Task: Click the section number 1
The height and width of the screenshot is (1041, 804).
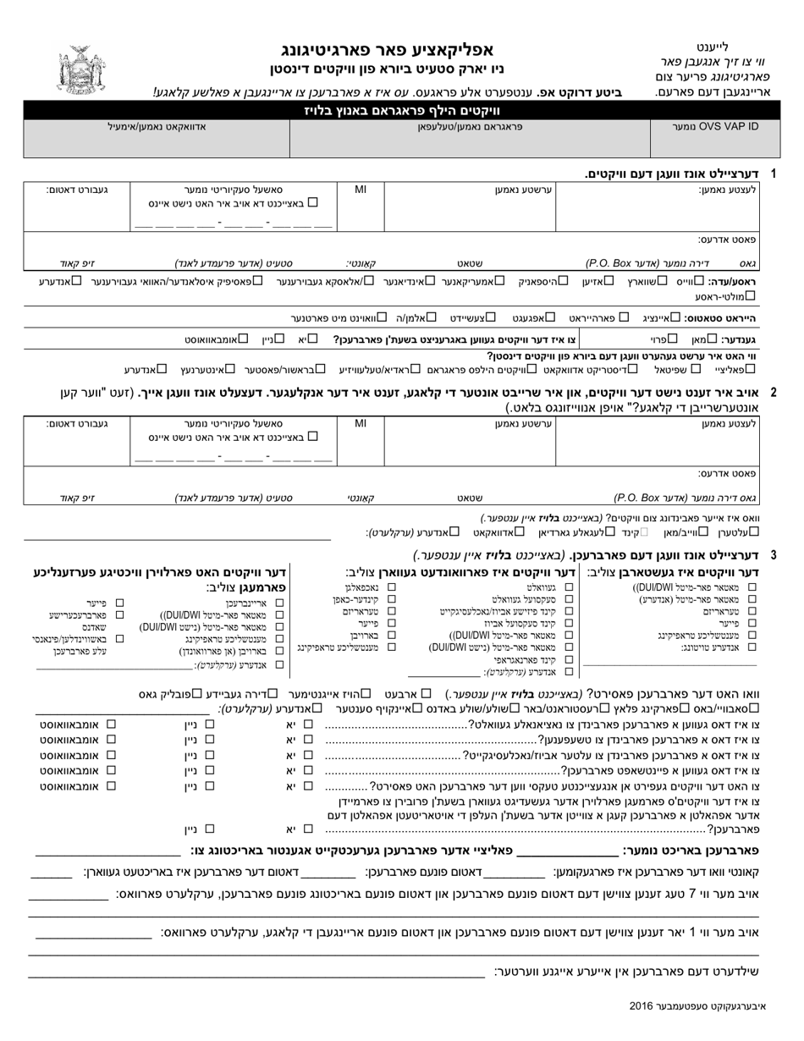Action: [772, 173]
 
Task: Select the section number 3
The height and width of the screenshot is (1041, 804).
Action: [772, 555]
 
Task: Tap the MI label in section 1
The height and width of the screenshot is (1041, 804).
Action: [360, 190]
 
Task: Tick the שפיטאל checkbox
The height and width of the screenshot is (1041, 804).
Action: [696, 369]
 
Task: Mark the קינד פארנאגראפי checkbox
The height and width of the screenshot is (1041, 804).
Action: [569, 658]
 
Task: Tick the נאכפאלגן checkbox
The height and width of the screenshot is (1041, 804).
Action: [391, 587]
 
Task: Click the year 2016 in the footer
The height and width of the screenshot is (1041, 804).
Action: [642, 1005]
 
